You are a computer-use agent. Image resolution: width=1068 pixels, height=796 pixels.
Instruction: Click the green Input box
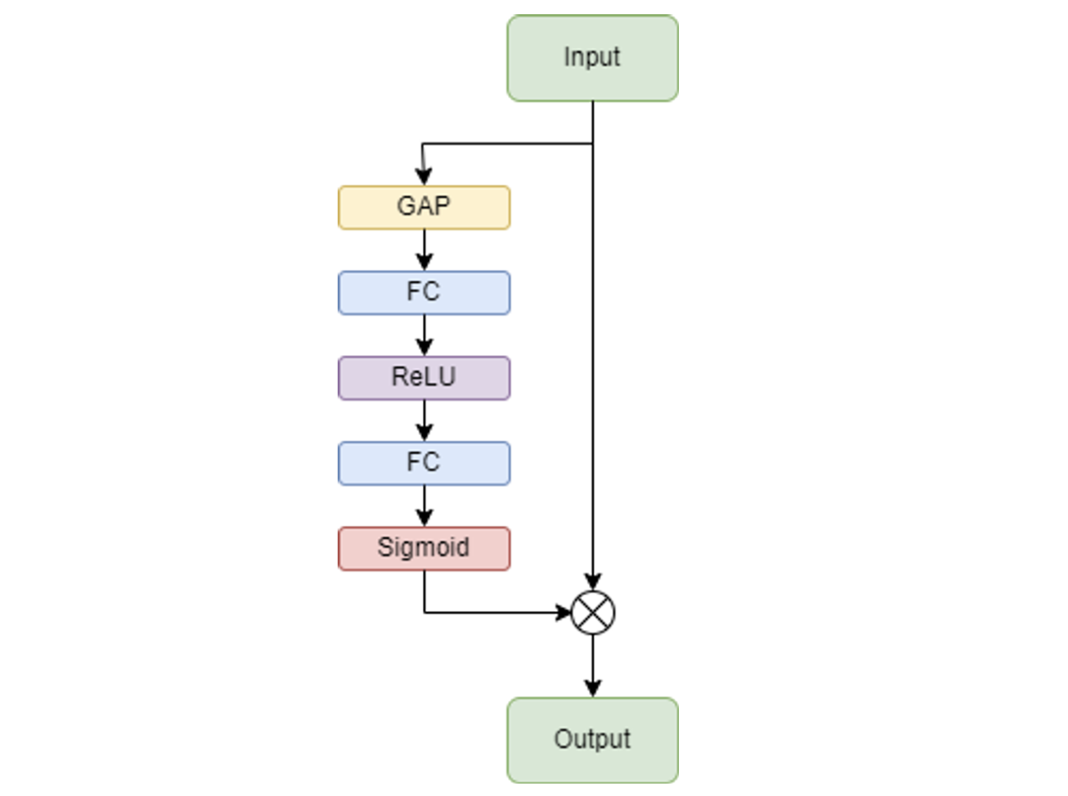coord(593,58)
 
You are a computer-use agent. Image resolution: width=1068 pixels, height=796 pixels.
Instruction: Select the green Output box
coord(593,740)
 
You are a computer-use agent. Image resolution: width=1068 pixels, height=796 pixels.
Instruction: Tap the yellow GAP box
coord(424,207)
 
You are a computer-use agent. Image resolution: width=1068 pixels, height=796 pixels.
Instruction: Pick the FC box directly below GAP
coord(424,292)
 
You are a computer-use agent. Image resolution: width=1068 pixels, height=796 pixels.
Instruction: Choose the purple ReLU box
coord(424,378)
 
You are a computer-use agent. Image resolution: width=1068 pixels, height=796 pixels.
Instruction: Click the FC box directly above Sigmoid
coord(424,463)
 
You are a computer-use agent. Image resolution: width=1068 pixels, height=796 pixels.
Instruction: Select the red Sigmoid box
coord(424,548)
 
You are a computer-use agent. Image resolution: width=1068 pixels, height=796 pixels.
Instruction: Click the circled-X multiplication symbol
coord(593,612)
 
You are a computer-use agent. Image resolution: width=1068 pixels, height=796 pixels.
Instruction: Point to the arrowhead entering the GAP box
coord(424,178)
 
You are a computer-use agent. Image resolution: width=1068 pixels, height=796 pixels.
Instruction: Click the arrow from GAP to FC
coord(424,251)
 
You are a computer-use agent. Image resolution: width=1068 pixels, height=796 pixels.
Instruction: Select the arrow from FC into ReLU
coord(424,336)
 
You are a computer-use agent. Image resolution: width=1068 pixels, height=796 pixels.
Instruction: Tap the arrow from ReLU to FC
coord(424,421)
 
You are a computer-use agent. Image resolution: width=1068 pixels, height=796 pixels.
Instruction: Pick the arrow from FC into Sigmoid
coord(424,506)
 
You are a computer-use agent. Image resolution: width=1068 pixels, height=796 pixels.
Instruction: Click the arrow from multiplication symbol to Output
coord(593,666)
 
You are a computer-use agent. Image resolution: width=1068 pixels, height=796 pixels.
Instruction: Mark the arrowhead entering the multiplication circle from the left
coord(562,612)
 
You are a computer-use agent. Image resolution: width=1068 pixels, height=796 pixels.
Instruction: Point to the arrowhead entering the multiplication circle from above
coord(593,582)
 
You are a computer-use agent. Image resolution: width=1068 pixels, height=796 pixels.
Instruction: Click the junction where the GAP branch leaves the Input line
coord(593,143)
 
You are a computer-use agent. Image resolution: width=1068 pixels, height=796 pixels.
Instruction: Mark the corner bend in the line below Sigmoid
coord(424,612)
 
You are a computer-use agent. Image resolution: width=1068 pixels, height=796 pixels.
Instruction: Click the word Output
coord(593,739)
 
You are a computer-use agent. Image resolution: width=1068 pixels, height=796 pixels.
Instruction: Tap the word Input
coord(592,57)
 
